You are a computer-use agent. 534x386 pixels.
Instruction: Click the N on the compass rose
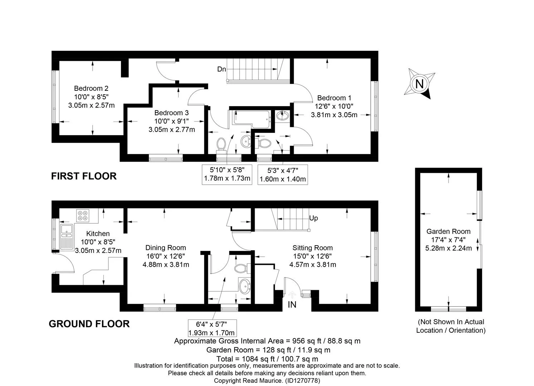tap(419, 84)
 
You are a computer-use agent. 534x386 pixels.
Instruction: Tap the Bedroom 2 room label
tap(91, 88)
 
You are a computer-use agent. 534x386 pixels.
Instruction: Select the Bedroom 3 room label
tap(171, 113)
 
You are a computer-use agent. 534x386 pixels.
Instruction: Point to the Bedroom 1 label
tap(334, 98)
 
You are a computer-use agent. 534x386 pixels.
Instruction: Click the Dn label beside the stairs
tap(221, 69)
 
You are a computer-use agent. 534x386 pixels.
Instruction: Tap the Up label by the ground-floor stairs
tap(313, 218)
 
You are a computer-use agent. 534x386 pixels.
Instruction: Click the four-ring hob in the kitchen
tap(83, 216)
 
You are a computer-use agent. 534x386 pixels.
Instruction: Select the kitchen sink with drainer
tap(67, 237)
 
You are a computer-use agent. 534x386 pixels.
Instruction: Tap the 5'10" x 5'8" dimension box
tap(227, 174)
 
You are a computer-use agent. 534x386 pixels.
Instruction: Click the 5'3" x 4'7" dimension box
tap(283, 175)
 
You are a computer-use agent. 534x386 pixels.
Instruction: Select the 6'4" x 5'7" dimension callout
tap(212, 328)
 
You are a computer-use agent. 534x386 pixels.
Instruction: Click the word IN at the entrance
tap(292, 305)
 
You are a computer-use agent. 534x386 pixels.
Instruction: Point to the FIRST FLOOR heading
tap(84, 176)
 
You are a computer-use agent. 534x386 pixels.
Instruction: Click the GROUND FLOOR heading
tap(89, 324)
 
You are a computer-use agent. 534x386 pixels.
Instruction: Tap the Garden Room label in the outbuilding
tap(449, 231)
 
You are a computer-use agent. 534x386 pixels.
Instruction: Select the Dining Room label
tap(166, 248)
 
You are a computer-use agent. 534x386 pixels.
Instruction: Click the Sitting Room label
tap(313, 248)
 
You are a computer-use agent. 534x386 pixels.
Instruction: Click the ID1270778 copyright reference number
tap(303, 381)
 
